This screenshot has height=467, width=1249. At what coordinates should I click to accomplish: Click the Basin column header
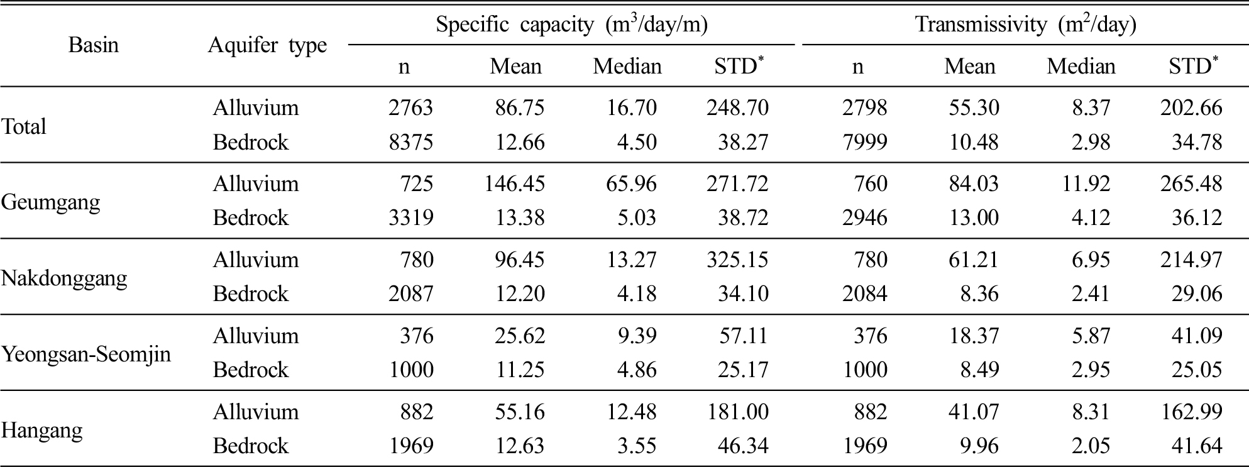(x=93, y=45)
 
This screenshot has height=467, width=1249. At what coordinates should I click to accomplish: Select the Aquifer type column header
(x=267, y=46)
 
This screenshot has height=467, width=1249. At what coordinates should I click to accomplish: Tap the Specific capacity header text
(x=572, y=25)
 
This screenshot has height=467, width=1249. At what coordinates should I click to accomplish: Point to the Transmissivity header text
(x=1026, y=25)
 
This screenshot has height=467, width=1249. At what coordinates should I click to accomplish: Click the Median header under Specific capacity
(x=627, y=66)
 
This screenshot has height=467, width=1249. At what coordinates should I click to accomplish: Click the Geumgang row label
(x=51, y=202)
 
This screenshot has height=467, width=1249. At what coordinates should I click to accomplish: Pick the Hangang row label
(x=42, y=431)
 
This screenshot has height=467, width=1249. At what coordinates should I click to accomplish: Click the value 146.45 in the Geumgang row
(x=515, y=184)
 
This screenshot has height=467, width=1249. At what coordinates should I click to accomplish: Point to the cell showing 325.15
(x=738, y=260)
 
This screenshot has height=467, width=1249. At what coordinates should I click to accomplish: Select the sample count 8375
(x=410, y=142)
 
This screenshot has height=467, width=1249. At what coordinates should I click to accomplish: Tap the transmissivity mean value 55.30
(x=974, y=107)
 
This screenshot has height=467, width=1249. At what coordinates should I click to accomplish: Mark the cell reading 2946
(x=865, y=217)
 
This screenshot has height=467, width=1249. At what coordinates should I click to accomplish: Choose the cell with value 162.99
(x=1192, y=412)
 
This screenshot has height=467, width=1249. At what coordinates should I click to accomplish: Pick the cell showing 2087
(x=410, y=294)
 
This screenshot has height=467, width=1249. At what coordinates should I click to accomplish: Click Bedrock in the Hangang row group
(x=251, y=446)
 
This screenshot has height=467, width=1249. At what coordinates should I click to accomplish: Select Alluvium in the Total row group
(x=256, y=107)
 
